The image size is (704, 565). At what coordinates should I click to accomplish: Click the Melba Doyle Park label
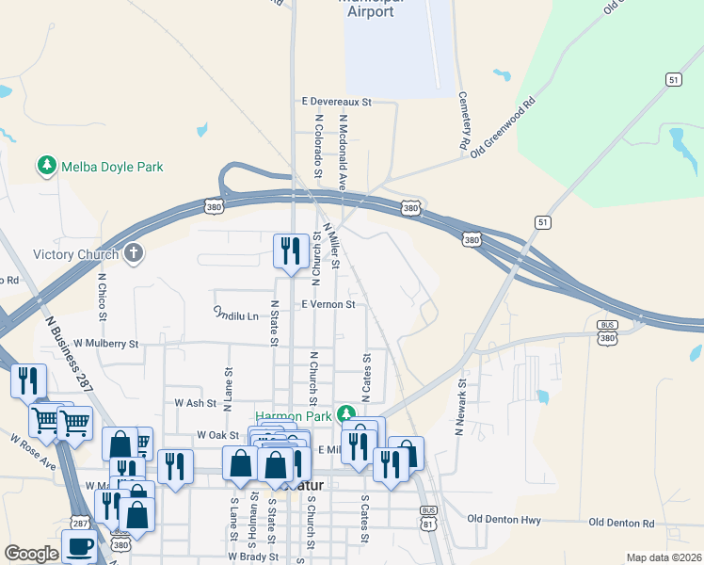(112, 168)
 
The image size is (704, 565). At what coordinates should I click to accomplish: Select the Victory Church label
(75, 254)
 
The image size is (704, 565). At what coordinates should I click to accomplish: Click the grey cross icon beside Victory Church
(135, 253)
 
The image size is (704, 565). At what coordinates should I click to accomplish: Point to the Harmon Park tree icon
(346, 414)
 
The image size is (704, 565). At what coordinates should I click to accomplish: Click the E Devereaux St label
(337, 101)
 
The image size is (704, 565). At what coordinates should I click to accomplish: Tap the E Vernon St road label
(328, 305)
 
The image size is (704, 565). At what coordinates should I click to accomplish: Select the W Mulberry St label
(105, 345)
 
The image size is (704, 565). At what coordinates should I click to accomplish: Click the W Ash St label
(196, 402)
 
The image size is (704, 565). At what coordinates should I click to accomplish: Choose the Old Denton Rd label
(621, 523)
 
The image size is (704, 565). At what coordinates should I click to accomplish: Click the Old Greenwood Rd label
(504, 124)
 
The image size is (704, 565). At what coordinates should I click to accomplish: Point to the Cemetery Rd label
(463, 121)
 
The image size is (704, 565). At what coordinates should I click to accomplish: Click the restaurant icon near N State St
(288, 250)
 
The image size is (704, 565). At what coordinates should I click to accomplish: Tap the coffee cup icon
(79, 546)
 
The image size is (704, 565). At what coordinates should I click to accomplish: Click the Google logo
(31, 555)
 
